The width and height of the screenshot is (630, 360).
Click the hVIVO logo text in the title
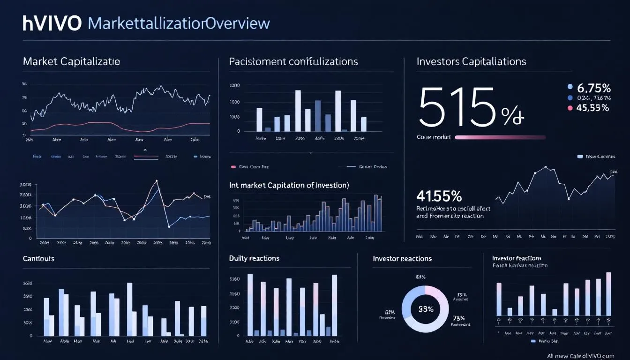click(52, 23)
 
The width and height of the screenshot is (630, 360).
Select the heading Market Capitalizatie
click(71, 61)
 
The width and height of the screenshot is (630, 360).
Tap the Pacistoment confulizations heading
click(293, 61)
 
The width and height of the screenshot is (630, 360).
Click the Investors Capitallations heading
click(471, 61)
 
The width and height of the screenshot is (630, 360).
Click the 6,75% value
click(593, 88)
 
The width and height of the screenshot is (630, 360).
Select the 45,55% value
click(593, 108)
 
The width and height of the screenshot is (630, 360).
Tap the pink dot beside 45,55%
click(570, 108)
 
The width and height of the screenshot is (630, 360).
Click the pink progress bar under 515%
click(500, 137)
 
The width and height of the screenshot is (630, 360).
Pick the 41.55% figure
click(439, 195)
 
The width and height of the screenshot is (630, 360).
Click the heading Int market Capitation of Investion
click(289, 185)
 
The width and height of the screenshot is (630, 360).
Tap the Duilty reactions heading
click(254, 258)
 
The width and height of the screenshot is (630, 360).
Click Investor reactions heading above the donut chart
click(402, 258)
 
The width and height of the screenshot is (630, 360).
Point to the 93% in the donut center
click(426, 309)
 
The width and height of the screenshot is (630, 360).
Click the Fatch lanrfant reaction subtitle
click(519, 265)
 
